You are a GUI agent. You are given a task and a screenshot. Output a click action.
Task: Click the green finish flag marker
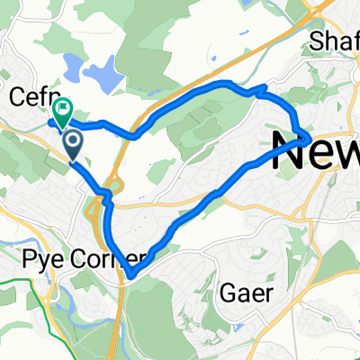point(63,112)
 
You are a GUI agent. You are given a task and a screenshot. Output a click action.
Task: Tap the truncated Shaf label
point(333,41)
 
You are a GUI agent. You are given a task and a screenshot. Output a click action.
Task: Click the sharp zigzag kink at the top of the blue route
point(262,88)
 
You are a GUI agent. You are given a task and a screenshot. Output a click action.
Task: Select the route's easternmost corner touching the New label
point(309,138)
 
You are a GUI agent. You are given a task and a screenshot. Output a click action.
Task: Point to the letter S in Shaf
point(315,41)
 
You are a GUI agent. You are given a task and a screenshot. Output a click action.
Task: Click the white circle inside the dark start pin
point(73,140)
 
